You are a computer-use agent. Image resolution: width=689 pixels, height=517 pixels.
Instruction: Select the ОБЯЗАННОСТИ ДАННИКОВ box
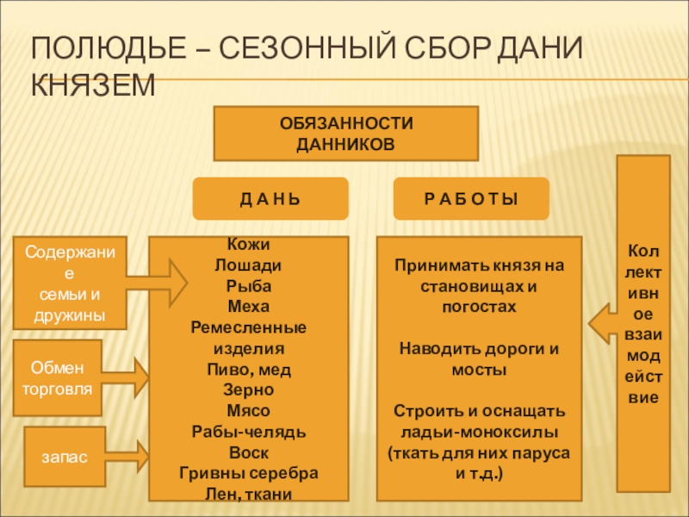click(345, 133)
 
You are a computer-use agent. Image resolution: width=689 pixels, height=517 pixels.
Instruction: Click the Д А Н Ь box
click(270, 199)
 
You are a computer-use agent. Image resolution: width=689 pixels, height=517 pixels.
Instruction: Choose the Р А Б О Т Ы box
click(471, 199)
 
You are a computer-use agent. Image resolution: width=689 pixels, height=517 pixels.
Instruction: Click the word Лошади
click(248, 265)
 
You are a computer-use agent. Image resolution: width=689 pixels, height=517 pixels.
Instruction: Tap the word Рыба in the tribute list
click(248, 285)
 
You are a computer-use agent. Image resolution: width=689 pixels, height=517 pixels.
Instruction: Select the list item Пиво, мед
click(248, 370)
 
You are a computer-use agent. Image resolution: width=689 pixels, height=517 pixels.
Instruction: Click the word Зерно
click(248, 390)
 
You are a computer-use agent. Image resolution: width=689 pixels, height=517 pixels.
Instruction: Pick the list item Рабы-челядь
click(248, 432)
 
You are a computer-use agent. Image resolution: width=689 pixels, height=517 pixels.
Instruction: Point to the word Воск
click(248, 452)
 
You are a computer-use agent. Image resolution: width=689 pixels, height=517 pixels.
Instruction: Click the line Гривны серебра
click(248, 473)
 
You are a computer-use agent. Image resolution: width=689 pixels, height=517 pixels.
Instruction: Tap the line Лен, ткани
click(248, 494)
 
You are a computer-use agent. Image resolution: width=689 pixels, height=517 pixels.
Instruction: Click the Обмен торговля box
click(59, 378)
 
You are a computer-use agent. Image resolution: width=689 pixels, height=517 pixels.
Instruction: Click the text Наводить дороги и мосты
click(479, 358)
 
